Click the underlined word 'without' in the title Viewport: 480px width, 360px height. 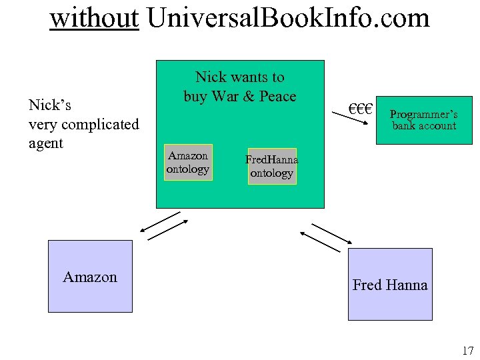tap(94, 18)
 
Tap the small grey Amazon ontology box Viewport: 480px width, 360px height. tap(188, 162)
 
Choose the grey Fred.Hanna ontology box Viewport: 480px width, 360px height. tap(271, 166)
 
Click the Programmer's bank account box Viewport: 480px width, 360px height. tap(424, 120)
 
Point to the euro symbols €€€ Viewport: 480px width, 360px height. tap(361, 108)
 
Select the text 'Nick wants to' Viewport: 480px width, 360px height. tap(240, 77)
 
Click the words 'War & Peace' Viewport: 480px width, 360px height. tap(253, 97)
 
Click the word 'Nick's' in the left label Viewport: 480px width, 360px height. tap(50, 105)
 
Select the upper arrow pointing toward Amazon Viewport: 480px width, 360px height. tap(160, 222)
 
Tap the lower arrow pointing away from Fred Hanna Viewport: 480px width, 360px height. tap(321, 241)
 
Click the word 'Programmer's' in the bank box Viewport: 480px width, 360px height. tap(424, 115)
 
